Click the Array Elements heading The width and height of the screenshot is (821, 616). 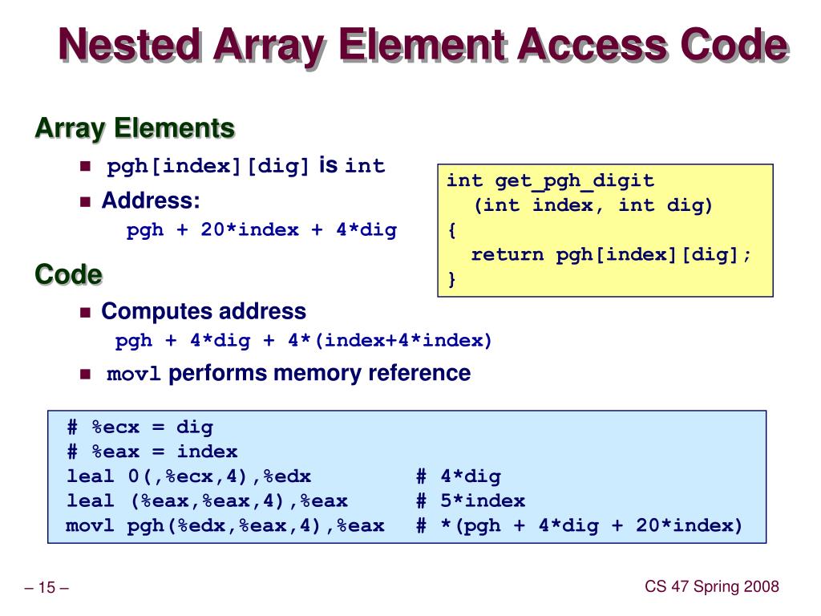135,128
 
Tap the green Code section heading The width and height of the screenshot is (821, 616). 68,275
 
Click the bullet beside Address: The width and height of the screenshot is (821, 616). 86,201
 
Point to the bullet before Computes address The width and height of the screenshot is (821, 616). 86,312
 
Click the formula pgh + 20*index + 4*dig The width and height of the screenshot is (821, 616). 261,230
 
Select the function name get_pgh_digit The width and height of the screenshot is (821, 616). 574,180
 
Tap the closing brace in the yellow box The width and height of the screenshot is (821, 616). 452,279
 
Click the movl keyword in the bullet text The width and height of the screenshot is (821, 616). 134,375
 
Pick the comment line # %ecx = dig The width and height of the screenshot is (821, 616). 140,428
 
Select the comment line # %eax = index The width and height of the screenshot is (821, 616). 152,452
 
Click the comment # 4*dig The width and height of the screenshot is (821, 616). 459,476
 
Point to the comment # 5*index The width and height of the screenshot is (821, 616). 471,501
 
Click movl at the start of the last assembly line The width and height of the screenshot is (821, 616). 91,526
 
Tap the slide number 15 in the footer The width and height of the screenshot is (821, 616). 47,589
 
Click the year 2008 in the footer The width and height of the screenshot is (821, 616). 761,587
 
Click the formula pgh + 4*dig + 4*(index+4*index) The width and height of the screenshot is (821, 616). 304,341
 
